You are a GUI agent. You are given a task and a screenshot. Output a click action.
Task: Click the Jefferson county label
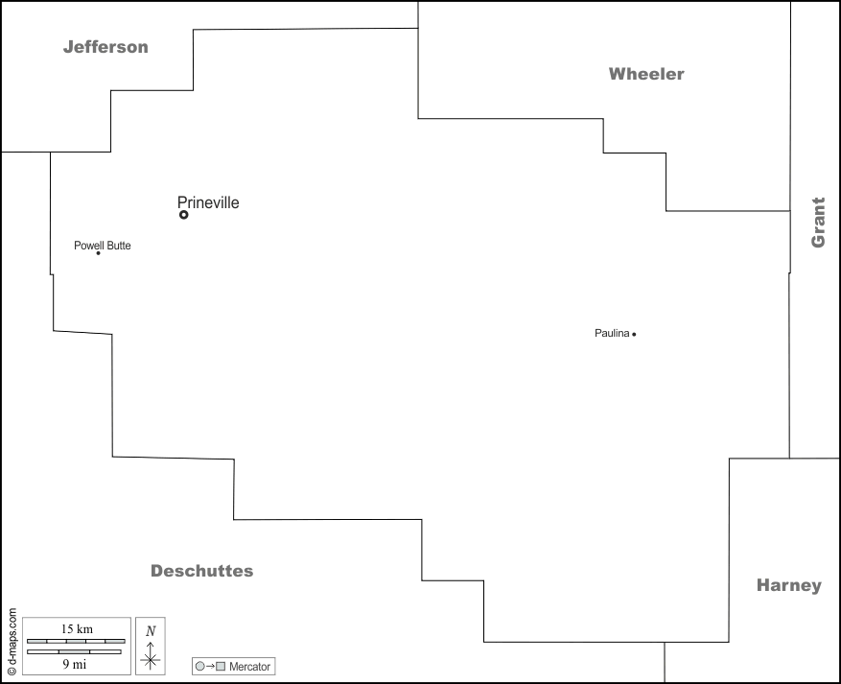105,47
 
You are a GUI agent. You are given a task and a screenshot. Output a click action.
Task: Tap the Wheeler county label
646,74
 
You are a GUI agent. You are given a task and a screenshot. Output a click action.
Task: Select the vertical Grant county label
818,223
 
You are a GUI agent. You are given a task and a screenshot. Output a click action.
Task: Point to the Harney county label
788,585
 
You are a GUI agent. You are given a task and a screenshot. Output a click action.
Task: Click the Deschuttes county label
201,571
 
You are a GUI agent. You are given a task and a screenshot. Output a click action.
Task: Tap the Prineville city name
208,202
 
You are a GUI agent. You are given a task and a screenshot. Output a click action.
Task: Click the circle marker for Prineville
184,215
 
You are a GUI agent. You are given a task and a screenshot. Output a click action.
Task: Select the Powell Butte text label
103,246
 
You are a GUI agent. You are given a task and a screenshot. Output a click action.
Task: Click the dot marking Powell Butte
99,253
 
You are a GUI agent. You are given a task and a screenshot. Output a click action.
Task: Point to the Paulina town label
612,334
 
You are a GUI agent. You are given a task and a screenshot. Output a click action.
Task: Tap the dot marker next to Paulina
634,334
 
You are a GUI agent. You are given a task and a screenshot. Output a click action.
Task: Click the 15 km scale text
76,628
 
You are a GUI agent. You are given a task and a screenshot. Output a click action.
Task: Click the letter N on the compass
151,630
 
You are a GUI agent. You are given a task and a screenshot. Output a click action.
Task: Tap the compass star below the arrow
151,659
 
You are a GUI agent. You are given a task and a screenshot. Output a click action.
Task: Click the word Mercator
249,666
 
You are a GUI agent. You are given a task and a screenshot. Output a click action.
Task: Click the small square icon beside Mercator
221,666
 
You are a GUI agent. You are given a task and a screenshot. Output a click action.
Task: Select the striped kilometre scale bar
76,640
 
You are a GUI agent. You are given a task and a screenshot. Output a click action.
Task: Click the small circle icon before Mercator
199,666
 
